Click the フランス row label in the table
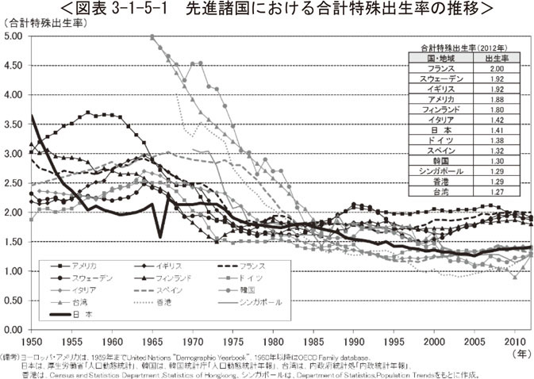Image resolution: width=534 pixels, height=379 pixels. coord(440,69)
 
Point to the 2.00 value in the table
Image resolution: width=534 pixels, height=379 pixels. coord(497,69)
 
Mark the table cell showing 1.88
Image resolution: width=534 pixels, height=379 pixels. coord(497,99)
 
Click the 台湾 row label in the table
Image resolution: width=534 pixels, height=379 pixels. coord(440,190)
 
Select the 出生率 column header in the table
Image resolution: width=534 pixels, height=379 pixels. coord(497,59)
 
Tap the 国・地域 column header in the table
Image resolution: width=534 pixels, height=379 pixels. coord(440,59)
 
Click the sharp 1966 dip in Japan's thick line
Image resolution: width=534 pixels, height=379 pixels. coord(160,235)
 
